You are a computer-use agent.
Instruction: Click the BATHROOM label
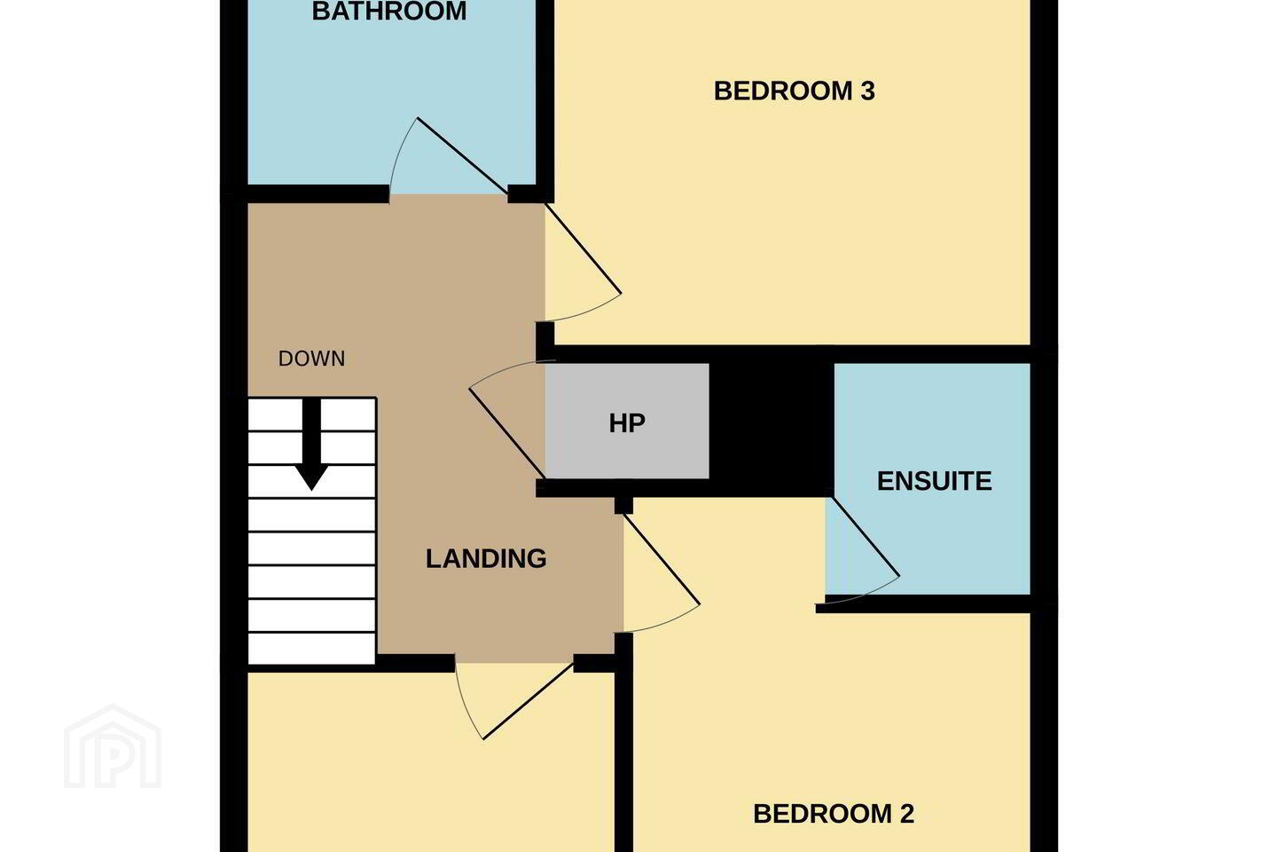(x=389, y=11)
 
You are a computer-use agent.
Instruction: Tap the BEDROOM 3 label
(x=795, y=91)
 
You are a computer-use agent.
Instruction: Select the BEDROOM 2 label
(x=834, y=814)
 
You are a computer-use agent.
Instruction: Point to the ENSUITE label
(x=935, y=481)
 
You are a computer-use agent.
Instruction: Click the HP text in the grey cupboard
(x=627, y=423)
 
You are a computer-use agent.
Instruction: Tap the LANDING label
(x=486, y=558)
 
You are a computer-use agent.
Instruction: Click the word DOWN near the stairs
(x=312, y=359)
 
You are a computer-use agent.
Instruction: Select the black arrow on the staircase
(x=311, y=444)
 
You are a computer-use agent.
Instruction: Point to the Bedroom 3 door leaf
(x=583, y=248)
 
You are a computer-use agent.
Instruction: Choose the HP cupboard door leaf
(x=507, y=433)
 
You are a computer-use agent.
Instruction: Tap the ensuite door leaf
(x=865, y=537)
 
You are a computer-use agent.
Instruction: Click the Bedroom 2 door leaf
(x=662, y=559)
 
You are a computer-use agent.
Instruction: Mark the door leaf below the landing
(x=529, y=701)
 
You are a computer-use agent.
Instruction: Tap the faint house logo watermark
(x=113, y=747)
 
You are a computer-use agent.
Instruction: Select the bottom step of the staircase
(x=312, y=649)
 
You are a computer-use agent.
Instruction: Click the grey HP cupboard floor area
(x=627, y=422)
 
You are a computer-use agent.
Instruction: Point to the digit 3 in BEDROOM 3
(x=867, y=91)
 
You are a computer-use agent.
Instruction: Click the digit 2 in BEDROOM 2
(x=907, y=814)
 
